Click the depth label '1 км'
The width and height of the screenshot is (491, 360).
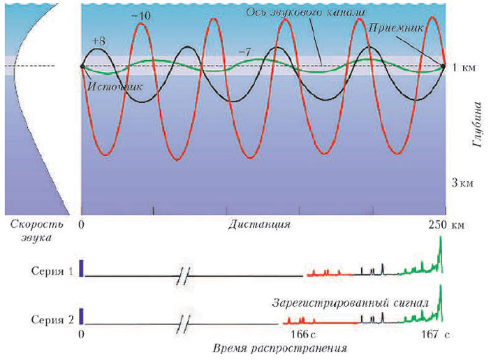[465, 68]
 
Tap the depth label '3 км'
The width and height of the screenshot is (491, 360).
[464, 182]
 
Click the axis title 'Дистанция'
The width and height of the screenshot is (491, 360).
[258, 226]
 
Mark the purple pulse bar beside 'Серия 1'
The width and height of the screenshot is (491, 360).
[81, 268]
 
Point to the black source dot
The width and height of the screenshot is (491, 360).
[82, 67]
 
